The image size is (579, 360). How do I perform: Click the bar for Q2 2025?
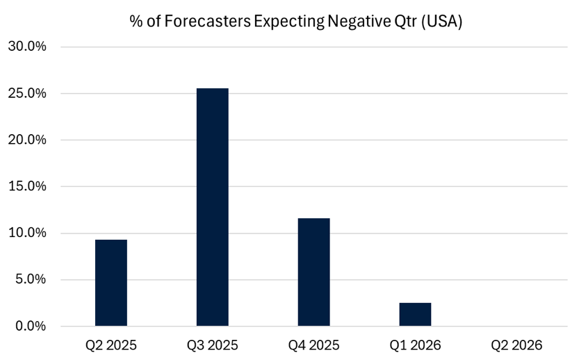tap(111, 283)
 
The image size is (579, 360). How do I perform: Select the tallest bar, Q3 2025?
tap(212, 207)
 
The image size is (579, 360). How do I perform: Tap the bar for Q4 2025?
tap(313, 272)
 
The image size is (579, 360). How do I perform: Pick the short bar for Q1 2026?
tap(415, 314)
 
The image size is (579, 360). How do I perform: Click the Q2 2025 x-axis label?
tap(111, 345)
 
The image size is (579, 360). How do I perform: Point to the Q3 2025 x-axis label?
tap(213, 345)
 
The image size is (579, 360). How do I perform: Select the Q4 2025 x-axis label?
tap(314, 345)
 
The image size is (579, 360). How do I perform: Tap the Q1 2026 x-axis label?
tap(415, 345)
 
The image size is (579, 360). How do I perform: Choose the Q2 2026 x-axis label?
tap(516, 345)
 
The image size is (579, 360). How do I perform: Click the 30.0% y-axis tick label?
tap(26, 47)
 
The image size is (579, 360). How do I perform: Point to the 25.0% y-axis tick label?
tap(26, 93)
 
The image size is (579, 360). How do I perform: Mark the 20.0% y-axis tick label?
tap(26, 140)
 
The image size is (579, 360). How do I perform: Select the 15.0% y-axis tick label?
tap(26, 186)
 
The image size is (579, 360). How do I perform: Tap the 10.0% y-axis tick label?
tap(26, 233)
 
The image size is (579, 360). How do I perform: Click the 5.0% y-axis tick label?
tap(30, 279)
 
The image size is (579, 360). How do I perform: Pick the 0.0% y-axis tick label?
tap(30, 326)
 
